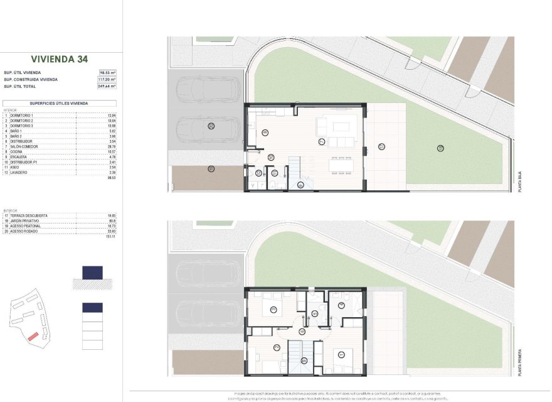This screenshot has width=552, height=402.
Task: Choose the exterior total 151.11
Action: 111,237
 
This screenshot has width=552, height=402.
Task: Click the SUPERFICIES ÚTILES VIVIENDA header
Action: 59,102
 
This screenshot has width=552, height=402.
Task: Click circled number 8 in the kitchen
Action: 265,132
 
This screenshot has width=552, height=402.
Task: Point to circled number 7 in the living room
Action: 321,141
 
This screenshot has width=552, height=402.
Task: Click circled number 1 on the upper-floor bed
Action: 341,354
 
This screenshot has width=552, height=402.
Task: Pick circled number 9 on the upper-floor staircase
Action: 304,360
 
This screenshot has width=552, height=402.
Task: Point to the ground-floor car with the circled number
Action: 211,127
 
